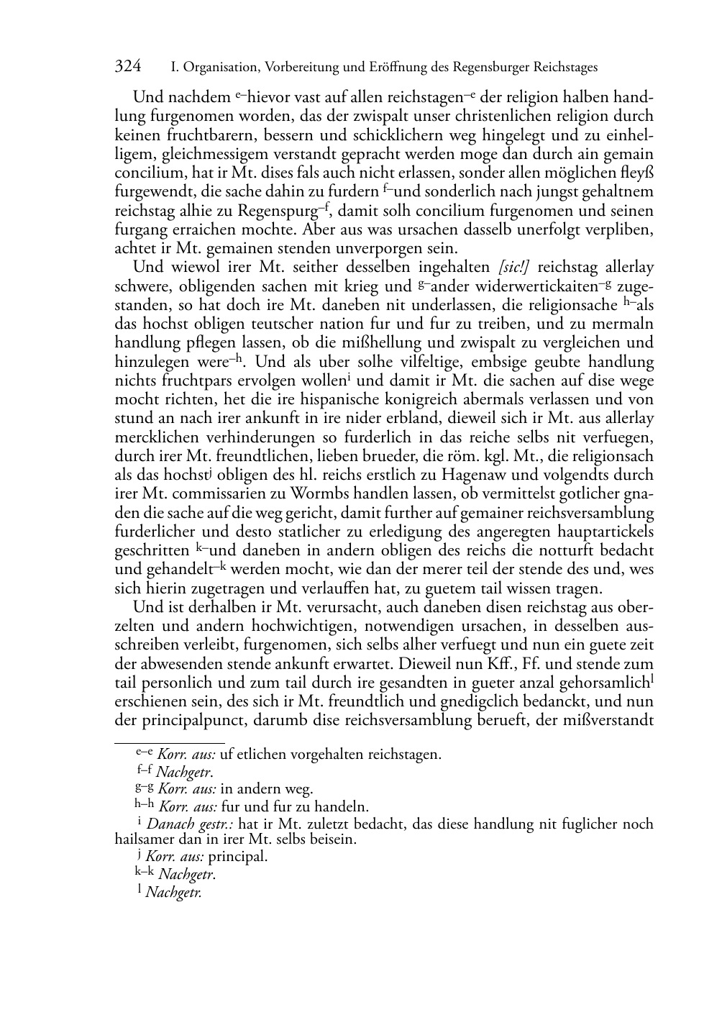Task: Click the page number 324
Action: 128,67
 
